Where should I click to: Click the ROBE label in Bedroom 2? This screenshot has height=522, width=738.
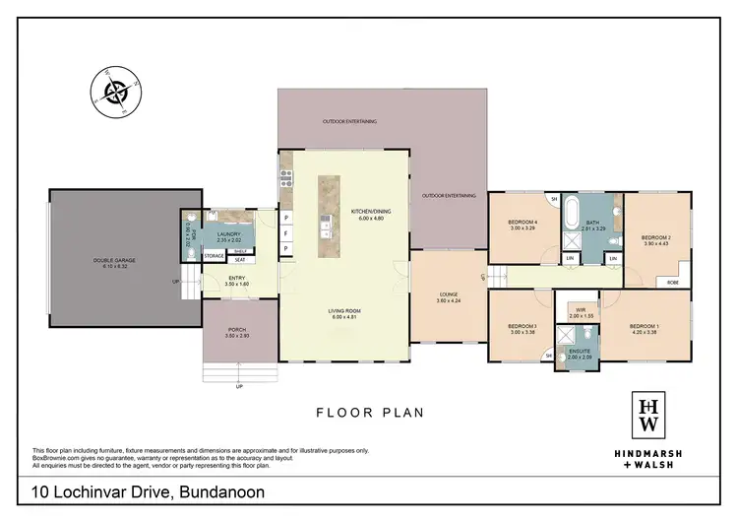[672, 282]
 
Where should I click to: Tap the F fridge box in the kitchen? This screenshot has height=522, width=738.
[286, 234]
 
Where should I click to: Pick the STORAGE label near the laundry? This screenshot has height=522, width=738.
[214, 256]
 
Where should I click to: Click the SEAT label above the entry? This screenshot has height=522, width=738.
[239, 260]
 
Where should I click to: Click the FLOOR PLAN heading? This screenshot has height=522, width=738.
[369, 413]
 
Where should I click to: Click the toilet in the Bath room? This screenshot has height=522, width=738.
[610, 239]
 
